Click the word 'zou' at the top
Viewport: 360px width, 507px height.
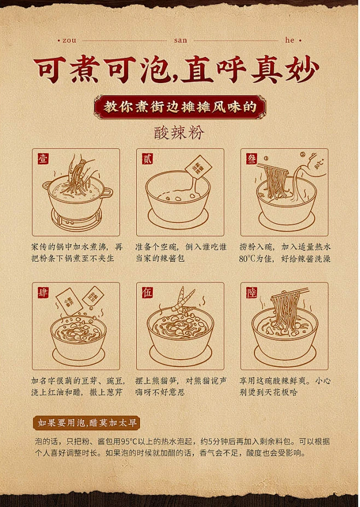click(70, 40)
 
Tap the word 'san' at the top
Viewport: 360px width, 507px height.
click(180, 40)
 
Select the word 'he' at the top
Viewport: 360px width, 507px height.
click(290, 40)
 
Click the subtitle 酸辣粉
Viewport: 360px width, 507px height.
click(179, 133)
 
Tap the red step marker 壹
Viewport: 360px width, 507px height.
click(43, 159)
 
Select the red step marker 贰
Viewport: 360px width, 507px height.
click(147, 159)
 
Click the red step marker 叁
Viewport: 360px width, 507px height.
click(252, 159)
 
